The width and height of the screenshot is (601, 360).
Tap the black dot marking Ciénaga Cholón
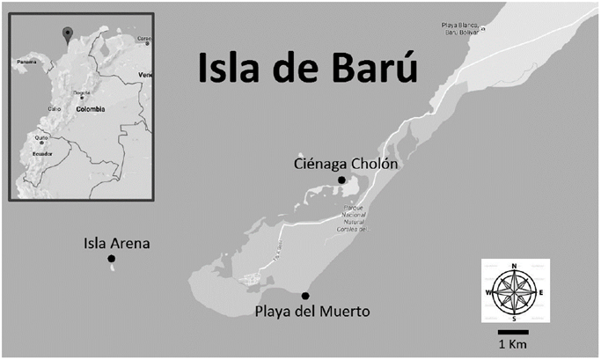click(x=341, y=180)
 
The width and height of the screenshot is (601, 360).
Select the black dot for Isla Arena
click(x=111, y=259)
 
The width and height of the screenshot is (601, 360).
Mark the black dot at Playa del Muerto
click(x=305, y=296)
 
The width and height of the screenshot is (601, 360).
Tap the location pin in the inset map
click(x=66, y=34)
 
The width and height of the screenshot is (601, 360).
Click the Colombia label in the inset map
click(x=90, y=110)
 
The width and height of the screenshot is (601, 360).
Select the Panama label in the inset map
click(x=26, y=62)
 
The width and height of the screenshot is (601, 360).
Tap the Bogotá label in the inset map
click(x=82, y=92)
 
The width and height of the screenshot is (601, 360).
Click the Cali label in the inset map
click(x=55, y=108)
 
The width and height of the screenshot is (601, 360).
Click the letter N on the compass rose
click(x=515, y=265)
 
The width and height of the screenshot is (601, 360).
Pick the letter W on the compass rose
click(x=487, y=292)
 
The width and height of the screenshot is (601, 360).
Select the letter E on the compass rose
click(x=542, y=292)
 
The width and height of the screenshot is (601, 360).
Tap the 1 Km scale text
click(x=512, y=342)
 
